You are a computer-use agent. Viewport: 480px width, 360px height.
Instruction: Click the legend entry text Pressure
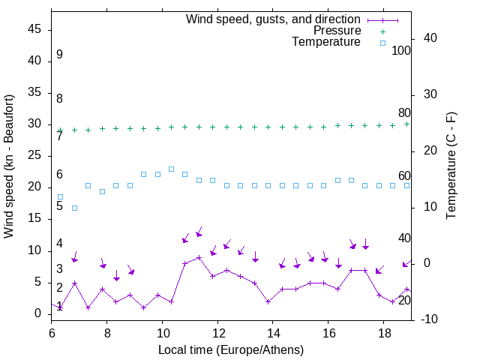point(337,31)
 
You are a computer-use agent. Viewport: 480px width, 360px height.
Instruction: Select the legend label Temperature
point(326,42)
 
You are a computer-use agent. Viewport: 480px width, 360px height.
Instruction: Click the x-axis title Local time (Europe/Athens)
point(231,349)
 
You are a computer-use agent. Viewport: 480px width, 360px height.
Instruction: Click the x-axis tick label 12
point(217,331)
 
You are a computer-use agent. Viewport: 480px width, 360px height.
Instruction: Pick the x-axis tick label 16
point(328,331)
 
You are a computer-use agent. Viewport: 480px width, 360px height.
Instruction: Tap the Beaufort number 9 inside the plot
point(59,55)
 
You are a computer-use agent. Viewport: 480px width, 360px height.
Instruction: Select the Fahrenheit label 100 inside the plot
point(401,50)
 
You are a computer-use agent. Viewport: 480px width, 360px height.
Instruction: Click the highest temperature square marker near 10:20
point(171,169)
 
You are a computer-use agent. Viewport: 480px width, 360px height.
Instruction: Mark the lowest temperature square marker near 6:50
point(74,208)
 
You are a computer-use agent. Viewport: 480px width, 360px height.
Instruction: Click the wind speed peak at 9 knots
point(199,257)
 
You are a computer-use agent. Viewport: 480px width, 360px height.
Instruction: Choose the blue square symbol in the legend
point(382,43)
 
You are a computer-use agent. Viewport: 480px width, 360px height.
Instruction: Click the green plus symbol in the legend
point(382,31)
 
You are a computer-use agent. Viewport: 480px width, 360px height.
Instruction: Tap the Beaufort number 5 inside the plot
point(59,205)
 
